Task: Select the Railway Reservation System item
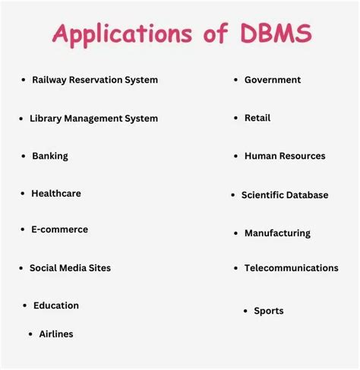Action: click(95, 80)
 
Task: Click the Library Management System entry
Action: click(93, 119)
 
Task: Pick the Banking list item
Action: click(50, 156)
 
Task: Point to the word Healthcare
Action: click(56, 194)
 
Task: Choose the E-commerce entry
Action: click(59, 229)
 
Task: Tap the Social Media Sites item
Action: click(70, 268)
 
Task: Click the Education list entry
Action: click(56, 305)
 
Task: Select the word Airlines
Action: click(56, 334)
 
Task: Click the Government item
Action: click(273, 80)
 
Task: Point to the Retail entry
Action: click(257, 118)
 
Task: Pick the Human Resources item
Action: click(285, 156)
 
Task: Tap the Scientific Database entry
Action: click(285, 195)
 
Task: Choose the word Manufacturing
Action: click(277, 233)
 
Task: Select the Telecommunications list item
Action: click(292, 268)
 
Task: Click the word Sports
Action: click(269, 311)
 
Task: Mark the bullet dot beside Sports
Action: click(245, 311)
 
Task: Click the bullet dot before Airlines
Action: click(30, 334)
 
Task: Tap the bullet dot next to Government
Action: click(236, 80)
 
